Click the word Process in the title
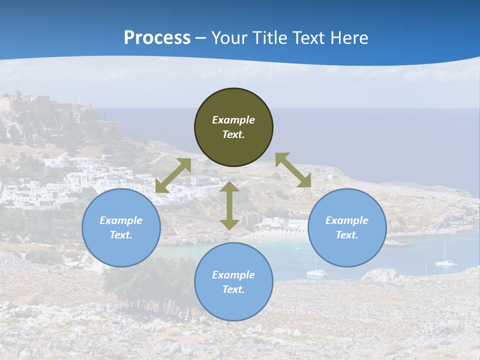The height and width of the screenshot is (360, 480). [157, 38]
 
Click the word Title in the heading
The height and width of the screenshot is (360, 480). [269, 38]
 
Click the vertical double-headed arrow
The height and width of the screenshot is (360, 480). [229, 206]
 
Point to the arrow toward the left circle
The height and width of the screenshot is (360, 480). [173, 175]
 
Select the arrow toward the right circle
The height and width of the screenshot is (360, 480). [293, 170]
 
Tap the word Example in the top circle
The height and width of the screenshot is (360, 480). [233, 120]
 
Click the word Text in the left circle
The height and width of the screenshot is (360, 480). [121, 235]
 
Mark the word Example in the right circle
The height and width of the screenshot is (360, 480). [347, 220]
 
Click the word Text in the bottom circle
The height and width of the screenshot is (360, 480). [233, 289]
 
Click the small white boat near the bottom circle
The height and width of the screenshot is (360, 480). [316, 272]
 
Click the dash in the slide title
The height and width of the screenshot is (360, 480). [201, 38]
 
